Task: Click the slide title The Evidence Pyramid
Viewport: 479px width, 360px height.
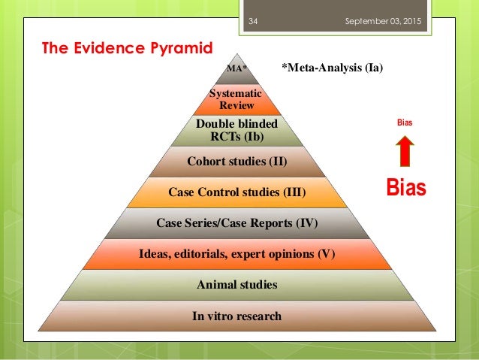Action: pos(128,49)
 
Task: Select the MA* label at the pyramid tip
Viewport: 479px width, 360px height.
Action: pos(237,70)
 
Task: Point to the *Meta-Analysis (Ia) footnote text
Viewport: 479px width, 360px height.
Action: pos(333,69)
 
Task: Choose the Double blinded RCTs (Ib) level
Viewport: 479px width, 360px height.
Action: pos(236,130)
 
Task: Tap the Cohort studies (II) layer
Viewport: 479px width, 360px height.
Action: pos(237,161)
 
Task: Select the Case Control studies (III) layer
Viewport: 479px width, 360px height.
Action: pos(237,192)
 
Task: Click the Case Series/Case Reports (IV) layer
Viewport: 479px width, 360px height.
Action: pos(237,222)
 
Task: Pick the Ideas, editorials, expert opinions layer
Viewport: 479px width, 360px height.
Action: pos(237,253)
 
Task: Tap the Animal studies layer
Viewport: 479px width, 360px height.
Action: pos(237,285)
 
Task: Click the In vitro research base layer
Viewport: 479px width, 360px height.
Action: pos(237,316)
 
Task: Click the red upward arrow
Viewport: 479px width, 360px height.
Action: pos(404,150)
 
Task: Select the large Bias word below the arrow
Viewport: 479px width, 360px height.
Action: pos(405,187)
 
